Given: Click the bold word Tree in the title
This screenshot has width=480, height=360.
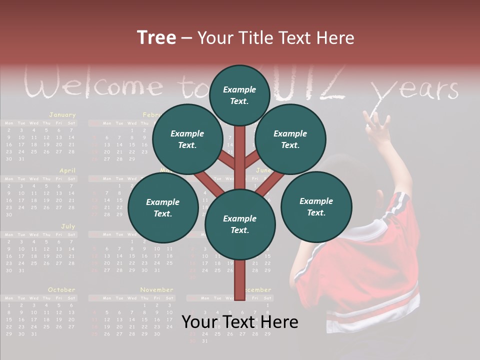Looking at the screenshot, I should tap(156, 37).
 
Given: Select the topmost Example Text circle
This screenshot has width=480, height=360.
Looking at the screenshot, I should tap(239, 95).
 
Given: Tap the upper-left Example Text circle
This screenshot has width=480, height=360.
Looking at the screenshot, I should tap(187, 139).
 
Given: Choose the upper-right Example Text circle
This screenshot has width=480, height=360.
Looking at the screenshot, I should tap(290, 139).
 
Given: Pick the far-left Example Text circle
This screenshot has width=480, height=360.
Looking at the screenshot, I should tap(163, 207).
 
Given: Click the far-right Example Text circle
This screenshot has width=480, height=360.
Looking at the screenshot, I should tap(316, 206).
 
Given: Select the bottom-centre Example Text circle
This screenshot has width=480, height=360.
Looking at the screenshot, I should tap(240, 224).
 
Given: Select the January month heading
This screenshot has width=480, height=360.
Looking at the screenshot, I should tap(62, 115).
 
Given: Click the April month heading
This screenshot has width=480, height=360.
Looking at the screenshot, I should tap(67, 170).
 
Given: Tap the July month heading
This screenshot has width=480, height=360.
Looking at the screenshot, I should tap(68, 226).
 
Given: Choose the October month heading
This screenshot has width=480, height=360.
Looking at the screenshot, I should tap(61, 290).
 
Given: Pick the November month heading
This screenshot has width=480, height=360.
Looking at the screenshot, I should tap(156, 290).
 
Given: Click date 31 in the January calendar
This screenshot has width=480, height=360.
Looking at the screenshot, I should tap(21, 159).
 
